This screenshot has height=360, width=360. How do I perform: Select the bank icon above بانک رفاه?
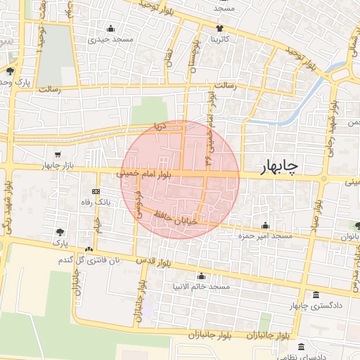[x=96, y=191]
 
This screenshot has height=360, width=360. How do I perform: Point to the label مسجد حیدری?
[x=111, y=40]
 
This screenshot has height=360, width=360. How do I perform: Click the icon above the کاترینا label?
[x=221, y=30]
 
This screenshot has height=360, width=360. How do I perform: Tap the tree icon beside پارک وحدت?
[x=10, y=71]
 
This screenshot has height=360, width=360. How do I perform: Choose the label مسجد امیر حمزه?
[x=265, y=237]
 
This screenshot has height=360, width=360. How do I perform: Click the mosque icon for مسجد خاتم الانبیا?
[x=202, y=276]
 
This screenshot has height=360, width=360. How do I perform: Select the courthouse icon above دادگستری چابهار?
[x=315, y=295]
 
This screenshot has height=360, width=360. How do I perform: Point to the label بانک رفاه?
[x=96, y=202]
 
